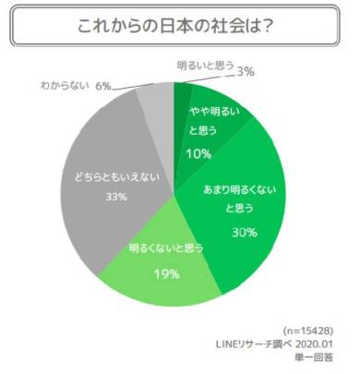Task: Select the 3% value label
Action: [246, 72]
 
